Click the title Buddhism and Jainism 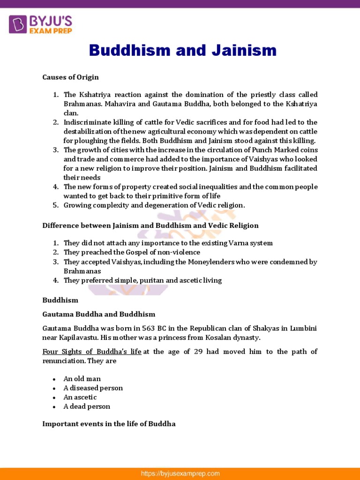[x=183, y=50]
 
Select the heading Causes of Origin [x=70, y=77]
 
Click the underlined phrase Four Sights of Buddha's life [x=92, y=352]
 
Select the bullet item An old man [x=82, y=379]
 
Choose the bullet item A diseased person [x=93, y=388]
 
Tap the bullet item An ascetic [x=80, y=397]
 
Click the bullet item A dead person [x=87, y=406]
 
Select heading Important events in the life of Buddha [x=109, y=424]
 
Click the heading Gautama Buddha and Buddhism [x=98, y=314]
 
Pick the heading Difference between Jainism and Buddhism [x=150, y=225]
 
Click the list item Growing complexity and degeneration [x=154, y=205]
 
